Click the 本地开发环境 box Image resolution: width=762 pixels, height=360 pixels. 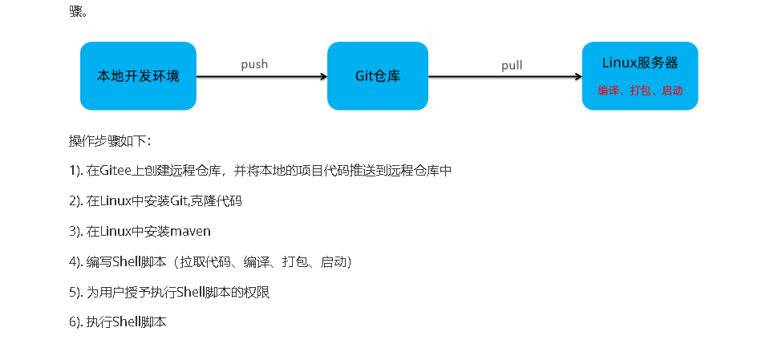138,76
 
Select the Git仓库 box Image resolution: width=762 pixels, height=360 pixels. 378,76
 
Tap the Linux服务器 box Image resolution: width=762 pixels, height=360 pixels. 640,76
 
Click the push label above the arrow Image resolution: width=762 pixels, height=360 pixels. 254,64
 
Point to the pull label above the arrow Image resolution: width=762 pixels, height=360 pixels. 512,65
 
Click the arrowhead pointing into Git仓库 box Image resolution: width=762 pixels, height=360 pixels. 323,77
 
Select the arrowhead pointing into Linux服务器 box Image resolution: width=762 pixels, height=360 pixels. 578,77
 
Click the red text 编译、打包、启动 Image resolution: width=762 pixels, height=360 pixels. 640,91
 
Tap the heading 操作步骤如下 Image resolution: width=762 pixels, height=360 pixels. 109,141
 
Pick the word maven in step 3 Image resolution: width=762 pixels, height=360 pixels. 190,231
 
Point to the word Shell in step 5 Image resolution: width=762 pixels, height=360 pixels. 186,292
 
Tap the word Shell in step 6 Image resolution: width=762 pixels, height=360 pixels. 126,322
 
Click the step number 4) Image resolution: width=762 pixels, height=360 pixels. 76,261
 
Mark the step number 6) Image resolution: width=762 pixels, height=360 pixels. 76,322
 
